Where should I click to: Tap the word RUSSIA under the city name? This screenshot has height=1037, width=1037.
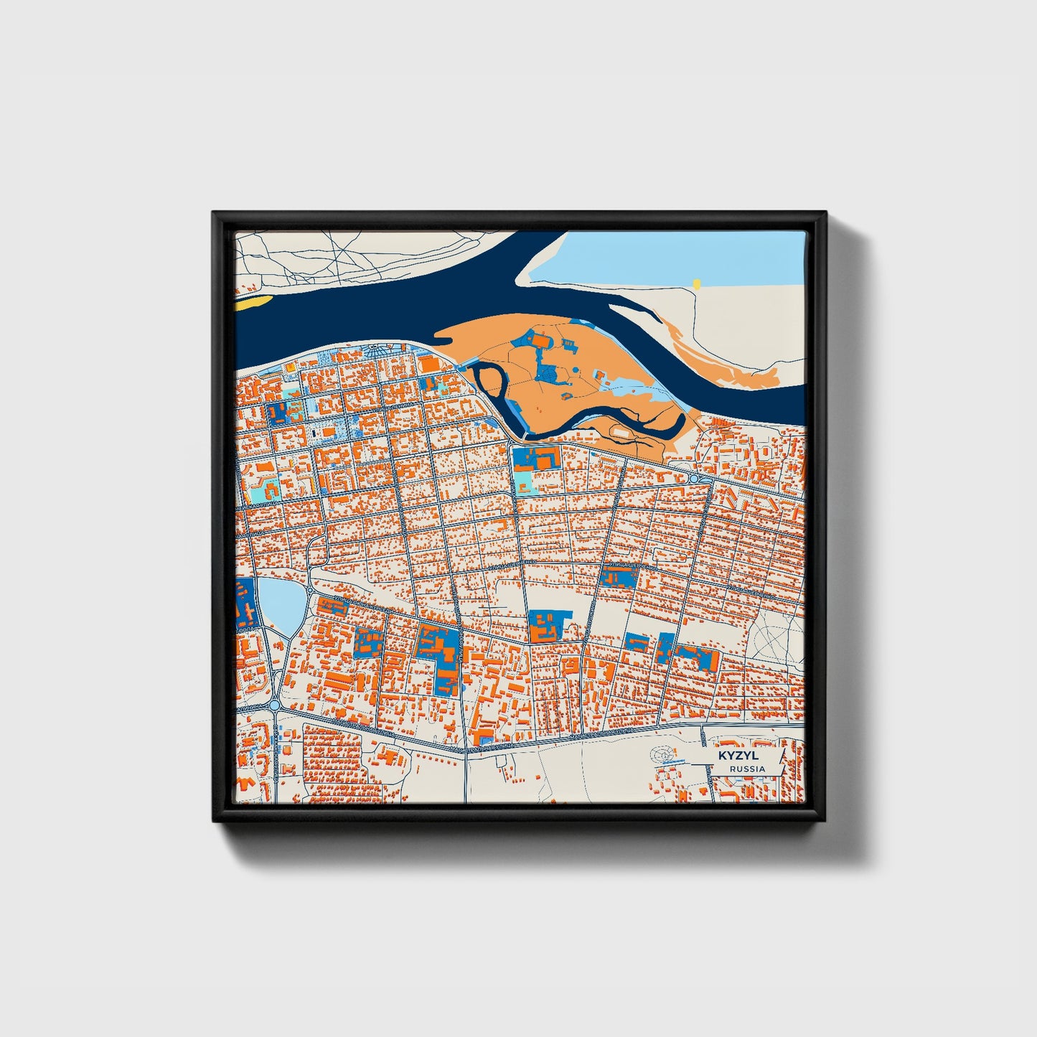[x=746, y=769]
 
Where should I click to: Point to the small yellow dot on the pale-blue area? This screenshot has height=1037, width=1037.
[x=696, y=284]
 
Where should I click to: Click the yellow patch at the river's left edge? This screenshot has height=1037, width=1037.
[x=253, y=302]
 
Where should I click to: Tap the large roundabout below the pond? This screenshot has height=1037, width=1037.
[x=276, y=705]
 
